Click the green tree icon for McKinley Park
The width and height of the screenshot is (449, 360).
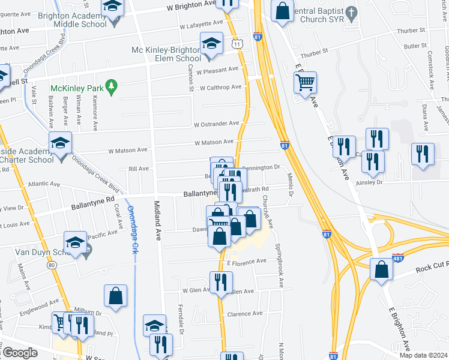click(110, 88)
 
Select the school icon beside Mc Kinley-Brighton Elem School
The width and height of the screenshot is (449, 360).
click(211, 44)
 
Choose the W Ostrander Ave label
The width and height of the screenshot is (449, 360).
click(217, 124)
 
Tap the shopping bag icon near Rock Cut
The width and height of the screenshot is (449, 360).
click(382, 270)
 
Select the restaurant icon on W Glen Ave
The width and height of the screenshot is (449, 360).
click(221, 283)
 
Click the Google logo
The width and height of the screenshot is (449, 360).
click(20, 352)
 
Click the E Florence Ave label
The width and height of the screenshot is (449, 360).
click(246, 262)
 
